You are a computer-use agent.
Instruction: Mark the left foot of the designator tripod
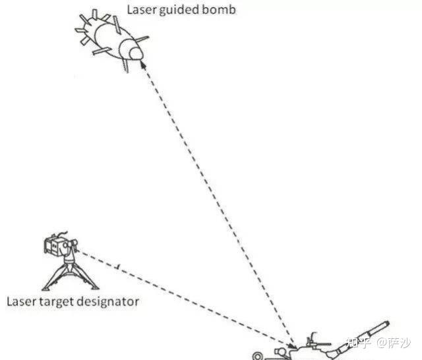44,288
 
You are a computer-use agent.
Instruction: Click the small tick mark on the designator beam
117,266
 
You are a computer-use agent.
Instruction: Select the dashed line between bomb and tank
218,204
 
